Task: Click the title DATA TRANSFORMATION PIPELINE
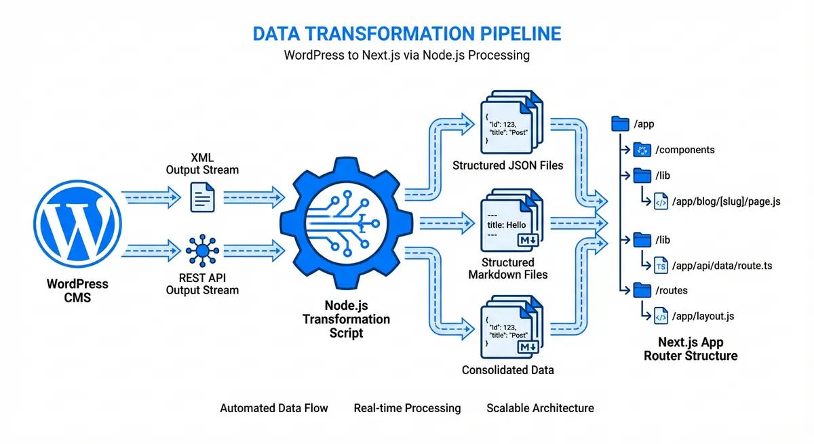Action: [x=407, y=34]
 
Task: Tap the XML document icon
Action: [x=202, y=197]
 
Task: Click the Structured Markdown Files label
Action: [x=508, y=268]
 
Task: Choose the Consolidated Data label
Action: [x=508, y=370]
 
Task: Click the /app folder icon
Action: [x=620, y=123]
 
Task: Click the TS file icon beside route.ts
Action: [x=661, y=266]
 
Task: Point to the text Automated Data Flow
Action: [x=274, y=408]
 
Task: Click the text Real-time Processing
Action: [x=407, y=408]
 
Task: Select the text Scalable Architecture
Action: [x=540, y=408]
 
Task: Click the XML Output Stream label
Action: [x=202, y=163]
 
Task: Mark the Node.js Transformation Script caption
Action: [x=346, y=319]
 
